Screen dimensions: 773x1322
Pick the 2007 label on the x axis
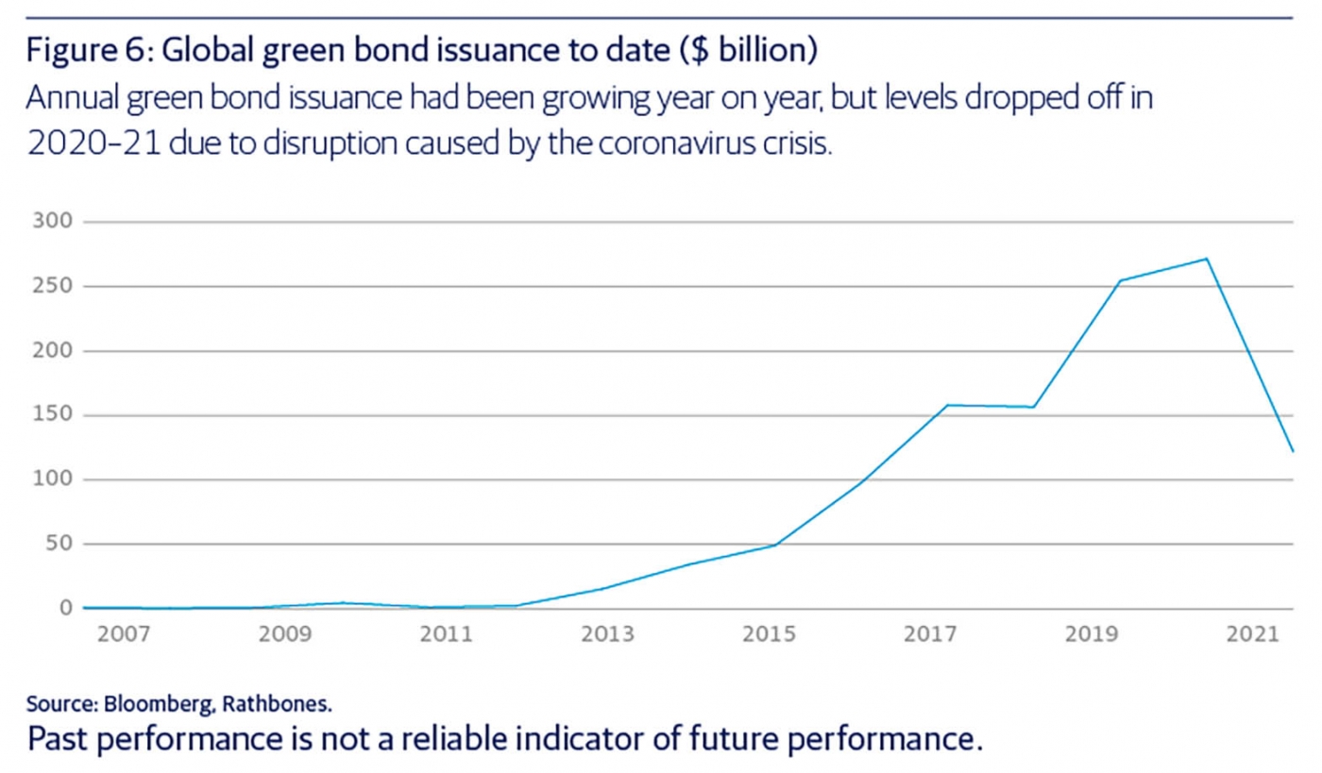click(x=124, y=633)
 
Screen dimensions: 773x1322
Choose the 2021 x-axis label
click(x=1252, y=633)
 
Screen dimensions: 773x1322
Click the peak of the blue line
click(x=1207, y=259)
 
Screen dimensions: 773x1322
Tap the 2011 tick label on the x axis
click(x=447, y=633)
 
